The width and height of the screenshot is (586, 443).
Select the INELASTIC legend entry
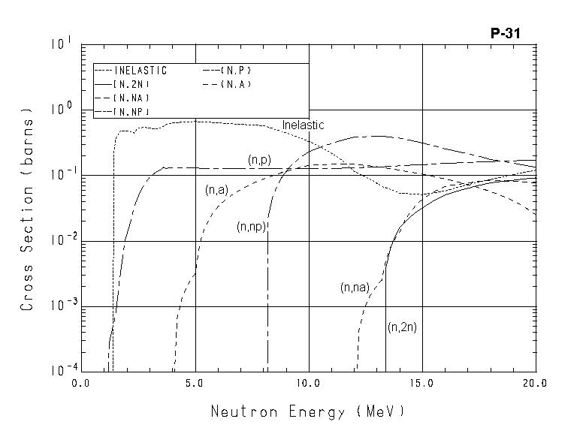click(x=140, y=71)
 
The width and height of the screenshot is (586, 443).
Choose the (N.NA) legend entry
click(x=131, y=98)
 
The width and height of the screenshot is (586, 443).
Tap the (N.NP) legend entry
click(x=131, y=112)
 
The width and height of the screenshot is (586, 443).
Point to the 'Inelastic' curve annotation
click(x=303, y=125)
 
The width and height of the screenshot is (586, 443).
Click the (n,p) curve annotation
click(x=259, y=160)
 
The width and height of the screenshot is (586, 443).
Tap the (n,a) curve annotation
click(x=216, y=190)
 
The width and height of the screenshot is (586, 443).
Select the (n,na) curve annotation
click(x=354, y=287)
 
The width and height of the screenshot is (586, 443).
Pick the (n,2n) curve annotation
click(x=402, y=327)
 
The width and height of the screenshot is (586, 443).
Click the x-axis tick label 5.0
click(x=195, y=383)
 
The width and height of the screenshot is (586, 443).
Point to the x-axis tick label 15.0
click(x=422, y=383)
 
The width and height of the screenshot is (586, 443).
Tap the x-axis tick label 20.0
click(x=536, y=383)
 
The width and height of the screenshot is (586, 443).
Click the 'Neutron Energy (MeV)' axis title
click(x=308, y=411)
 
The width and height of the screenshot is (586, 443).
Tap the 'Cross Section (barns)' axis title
click(x=28, y=213)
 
